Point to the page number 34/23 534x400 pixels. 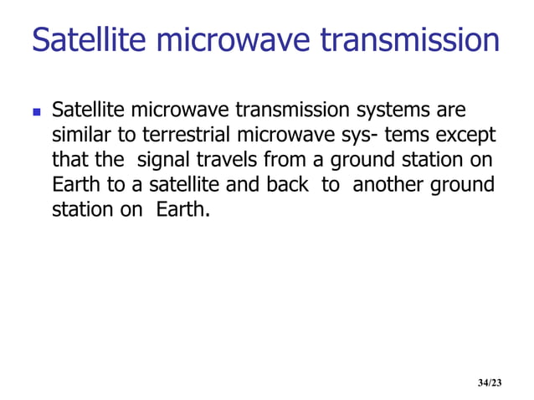point(490,382)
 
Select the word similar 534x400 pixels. point(79,136)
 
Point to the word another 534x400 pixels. point(388,184)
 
